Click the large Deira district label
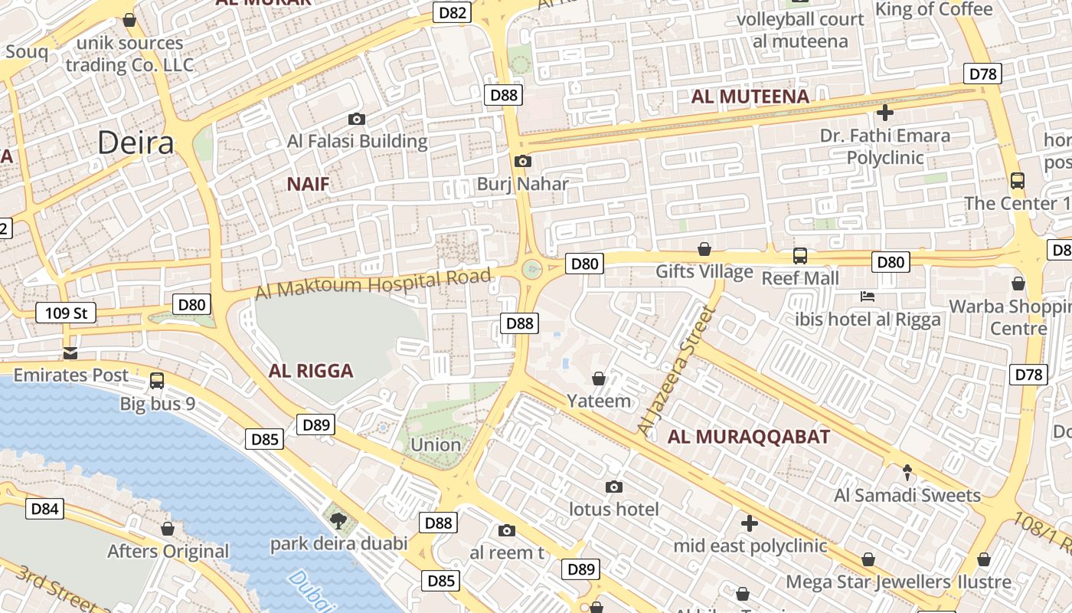(136, 143)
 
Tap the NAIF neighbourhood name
(308, 184)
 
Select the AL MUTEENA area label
(750, 97)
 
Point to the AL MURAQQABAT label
(748, 437)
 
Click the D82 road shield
(452, 12)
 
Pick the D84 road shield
(44, 509)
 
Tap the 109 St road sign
(66, 313)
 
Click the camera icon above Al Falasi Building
(356, 119)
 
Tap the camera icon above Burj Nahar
(523, 161)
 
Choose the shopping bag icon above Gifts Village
(704, 249)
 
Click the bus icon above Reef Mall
(799, 255)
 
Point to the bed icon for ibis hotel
(868, 297)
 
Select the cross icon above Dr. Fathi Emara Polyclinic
(884, 113)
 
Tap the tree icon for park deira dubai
(338, 521)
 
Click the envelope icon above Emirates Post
(70, 353)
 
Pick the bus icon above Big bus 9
(157, 381)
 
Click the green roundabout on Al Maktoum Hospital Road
(531, 269)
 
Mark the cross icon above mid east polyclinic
(750, 523)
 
